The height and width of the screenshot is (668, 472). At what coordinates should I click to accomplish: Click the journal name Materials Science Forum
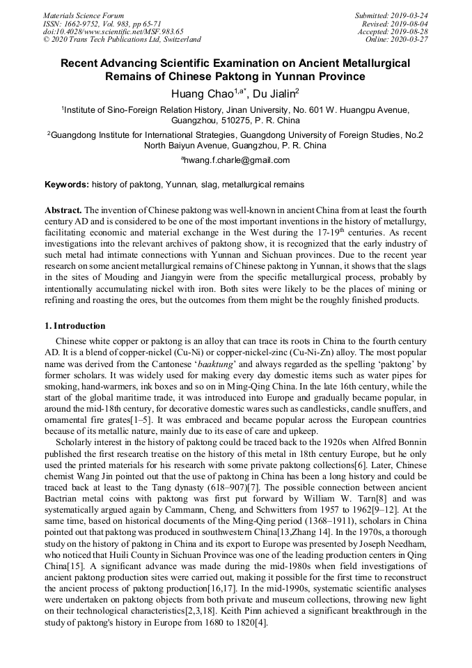tap(84, 15)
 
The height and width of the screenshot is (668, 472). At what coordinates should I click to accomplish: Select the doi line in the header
tap(113, 31)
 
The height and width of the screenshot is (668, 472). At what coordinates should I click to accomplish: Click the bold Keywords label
tap(66, 185)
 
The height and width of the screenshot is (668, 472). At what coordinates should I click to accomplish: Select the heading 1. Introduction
tap(75, 326)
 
